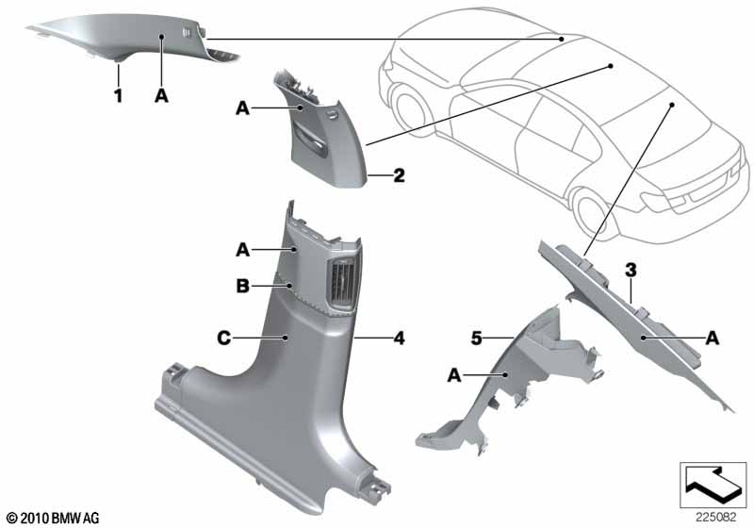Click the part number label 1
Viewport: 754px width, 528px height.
click(x=119, y=96)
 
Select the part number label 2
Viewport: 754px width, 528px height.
click(x=399, y=175)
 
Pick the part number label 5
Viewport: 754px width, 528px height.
click(x=478, y=335)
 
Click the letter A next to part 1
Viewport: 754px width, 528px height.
click(x=162, y=96)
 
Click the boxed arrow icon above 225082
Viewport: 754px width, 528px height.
click(x=713, y=486)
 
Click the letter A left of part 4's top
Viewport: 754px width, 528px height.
click(x=241, y=249)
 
